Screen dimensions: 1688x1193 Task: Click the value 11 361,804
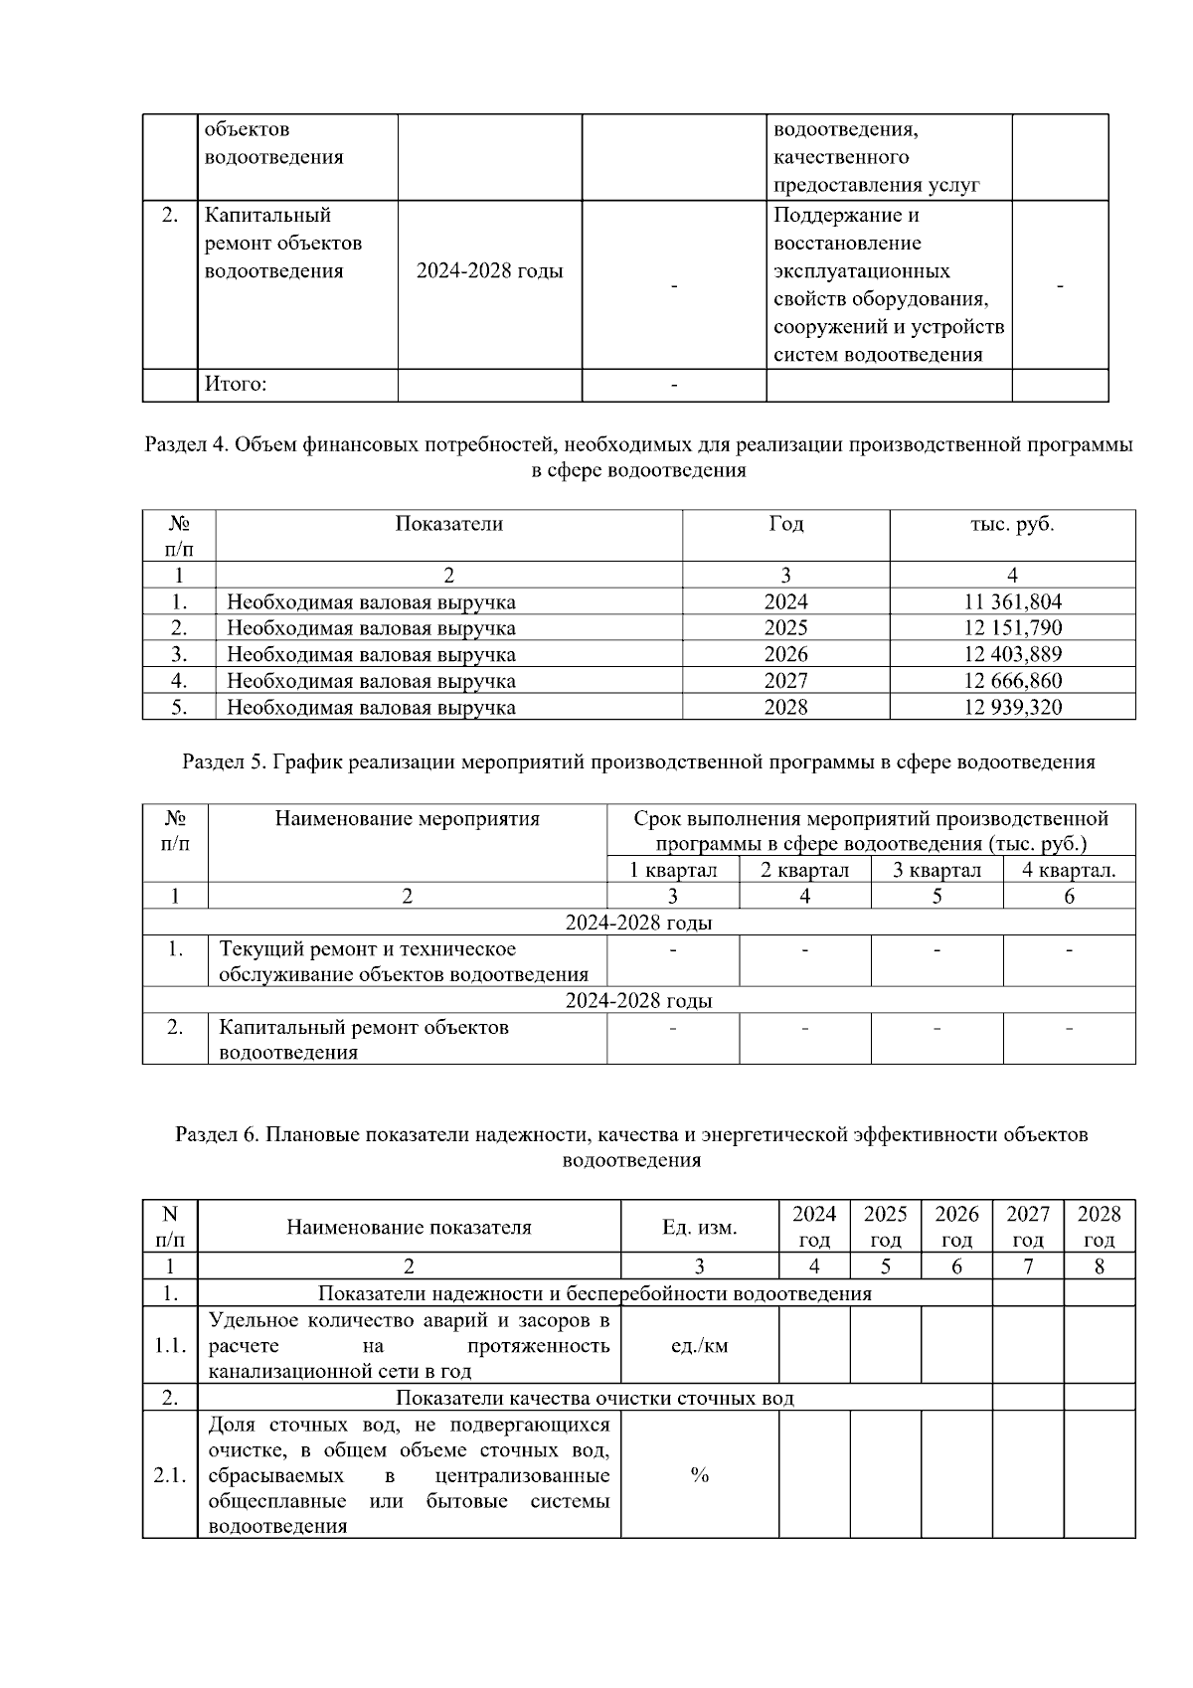(1012, 601)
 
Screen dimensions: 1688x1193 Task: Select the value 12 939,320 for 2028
(1012, 708)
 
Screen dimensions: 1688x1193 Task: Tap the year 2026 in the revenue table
(785, 654)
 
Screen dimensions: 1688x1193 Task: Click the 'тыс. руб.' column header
(1012, 524)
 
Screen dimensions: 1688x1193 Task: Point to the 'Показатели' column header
(448, 524)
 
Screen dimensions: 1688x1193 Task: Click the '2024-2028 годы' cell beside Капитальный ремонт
(489, 271)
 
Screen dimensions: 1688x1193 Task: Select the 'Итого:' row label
(236, 385)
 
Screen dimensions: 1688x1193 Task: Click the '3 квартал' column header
(937, 871)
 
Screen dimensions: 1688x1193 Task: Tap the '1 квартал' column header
(673, 871)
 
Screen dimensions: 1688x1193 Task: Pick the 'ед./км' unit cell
(699, 1346)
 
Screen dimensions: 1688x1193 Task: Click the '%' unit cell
(699, 1475)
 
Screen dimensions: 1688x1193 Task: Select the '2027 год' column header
(1028, 1227)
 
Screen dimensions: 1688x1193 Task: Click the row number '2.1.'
(170, 1475)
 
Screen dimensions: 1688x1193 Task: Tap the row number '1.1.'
(170, 1346)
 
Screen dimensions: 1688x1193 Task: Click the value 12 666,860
(1012, 681)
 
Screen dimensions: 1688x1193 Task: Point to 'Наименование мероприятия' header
(407, 819)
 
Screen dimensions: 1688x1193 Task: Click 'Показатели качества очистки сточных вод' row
(595, 1399)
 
